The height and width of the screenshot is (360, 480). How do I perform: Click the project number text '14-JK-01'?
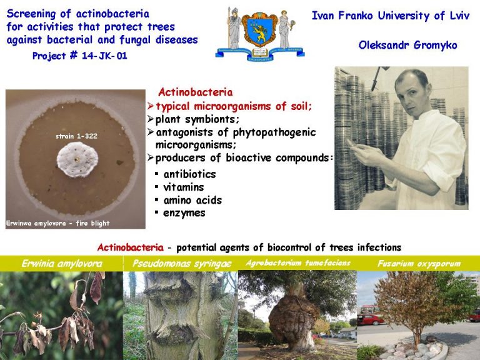104,56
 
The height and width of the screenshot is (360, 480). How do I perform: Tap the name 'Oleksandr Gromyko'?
407,45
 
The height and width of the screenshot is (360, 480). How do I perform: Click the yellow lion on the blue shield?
259,31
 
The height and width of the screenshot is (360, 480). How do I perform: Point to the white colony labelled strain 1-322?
77,159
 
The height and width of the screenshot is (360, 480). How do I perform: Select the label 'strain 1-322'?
76,136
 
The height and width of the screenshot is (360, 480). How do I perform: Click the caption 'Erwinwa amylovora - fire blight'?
58,223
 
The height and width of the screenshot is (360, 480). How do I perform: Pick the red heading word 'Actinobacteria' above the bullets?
195,92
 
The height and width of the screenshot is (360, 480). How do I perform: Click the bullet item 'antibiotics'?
189,174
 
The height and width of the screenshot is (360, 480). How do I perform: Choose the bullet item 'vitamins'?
183,187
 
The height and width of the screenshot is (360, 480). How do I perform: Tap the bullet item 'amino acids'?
192,200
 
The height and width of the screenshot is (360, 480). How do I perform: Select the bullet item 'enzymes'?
184,213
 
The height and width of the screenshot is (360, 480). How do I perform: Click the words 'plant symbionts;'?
197,119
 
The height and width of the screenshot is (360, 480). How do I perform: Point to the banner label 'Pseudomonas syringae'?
182,264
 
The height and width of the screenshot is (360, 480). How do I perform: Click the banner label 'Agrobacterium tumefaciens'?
298,263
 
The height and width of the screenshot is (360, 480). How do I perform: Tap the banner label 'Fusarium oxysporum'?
419,263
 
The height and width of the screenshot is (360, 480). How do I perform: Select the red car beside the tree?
370,319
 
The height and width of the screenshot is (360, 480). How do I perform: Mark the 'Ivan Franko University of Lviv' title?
390,16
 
